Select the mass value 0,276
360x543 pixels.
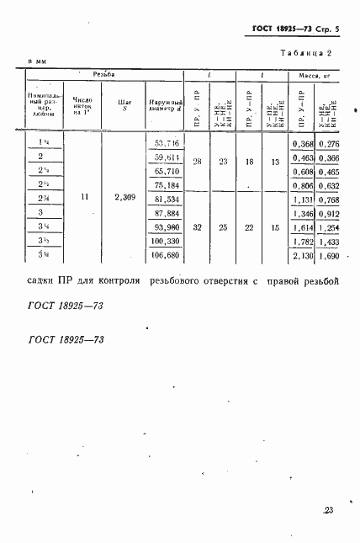click(327, 144)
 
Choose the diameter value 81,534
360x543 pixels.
click(163, 199)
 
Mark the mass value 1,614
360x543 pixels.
click(301, 227)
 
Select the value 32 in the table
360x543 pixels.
click(196, 227)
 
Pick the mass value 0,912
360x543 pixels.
click(327, 213)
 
